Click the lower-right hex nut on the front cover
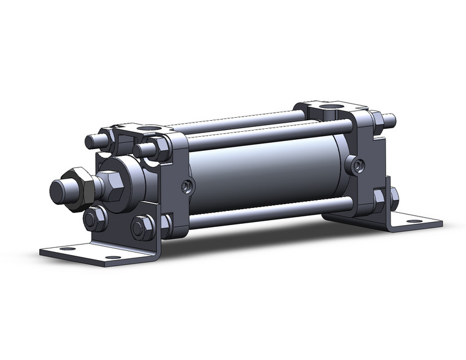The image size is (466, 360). (x=140, y=229)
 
